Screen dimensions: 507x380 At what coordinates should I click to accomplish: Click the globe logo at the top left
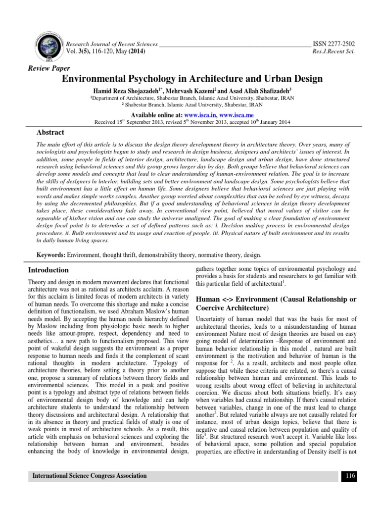(47, 43)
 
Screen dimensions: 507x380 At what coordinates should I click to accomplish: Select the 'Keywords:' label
(51, 254)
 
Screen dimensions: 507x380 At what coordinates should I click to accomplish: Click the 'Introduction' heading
(48, 270)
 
